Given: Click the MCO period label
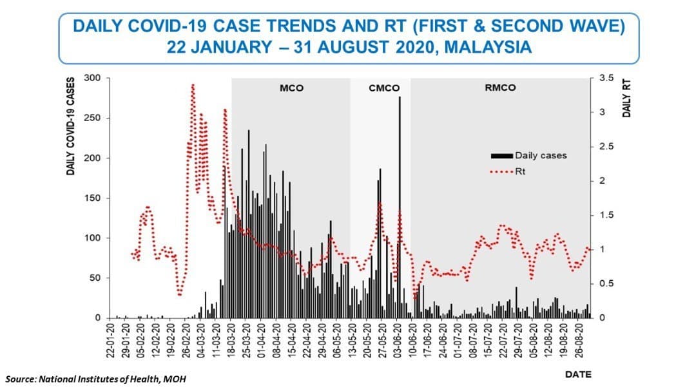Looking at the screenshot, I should tap(291, 88).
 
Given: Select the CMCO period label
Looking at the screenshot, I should tap(384, 88).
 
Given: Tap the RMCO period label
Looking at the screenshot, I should tap(500, 88).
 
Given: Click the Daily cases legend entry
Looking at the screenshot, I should tap(528, 155).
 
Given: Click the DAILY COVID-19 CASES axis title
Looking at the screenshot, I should tap(72, 128).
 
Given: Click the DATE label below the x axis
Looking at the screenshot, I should tap(577, 374).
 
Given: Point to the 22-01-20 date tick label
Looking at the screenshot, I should tap(111, 341).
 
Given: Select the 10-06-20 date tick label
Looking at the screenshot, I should tap(411, 341).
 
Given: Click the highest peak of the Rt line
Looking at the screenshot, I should tap(193, 85).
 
